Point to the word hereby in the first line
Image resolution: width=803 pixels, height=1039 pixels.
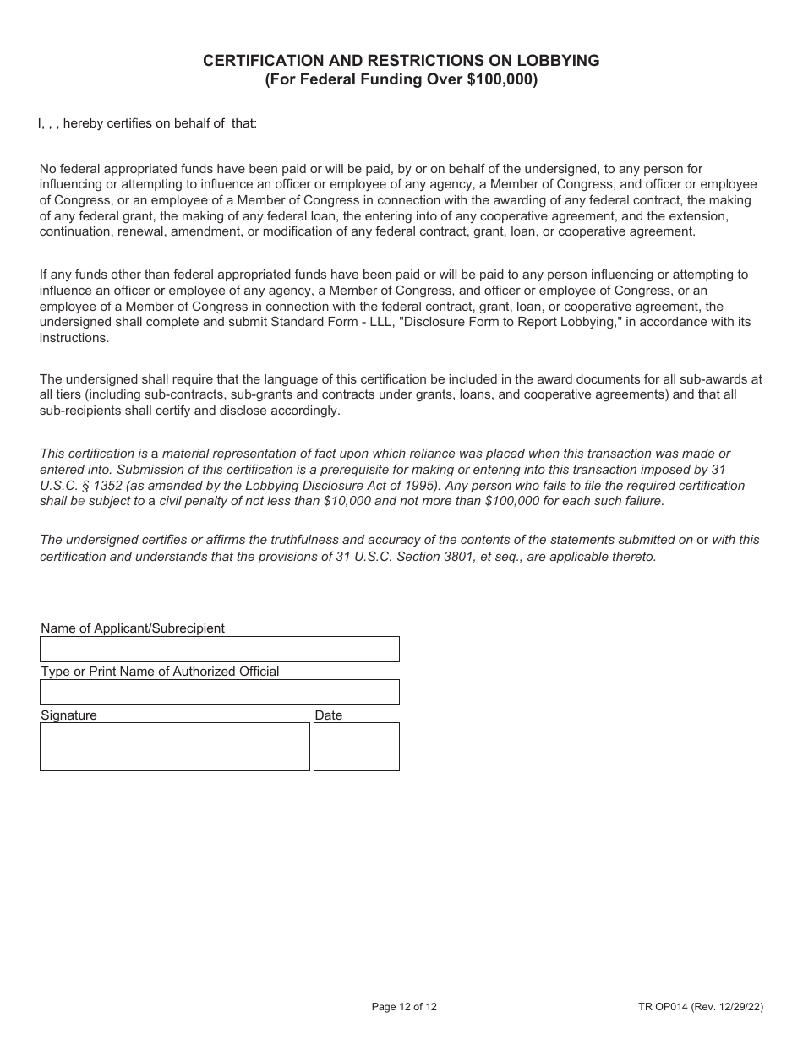coord(83,123)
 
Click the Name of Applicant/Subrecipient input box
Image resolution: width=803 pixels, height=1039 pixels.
coord(219,650)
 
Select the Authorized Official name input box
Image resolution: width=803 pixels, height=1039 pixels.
coord(219,693)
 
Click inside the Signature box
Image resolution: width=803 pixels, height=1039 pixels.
coord(174,747)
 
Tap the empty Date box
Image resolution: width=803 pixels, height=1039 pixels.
coord(356,747)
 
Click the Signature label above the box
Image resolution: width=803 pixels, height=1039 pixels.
coord(68,715)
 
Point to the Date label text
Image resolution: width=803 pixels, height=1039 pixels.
coord(329,715)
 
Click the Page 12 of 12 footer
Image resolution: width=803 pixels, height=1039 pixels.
coord(404,1006)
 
